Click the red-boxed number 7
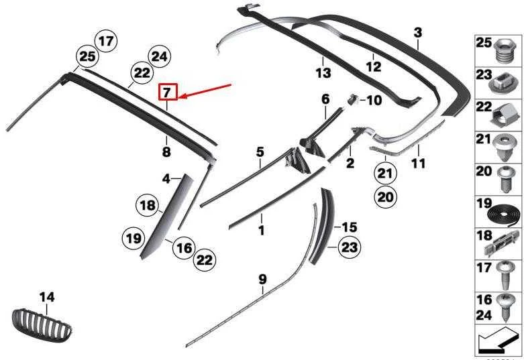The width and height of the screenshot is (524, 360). point(168,92)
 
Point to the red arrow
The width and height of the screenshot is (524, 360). point(205,91)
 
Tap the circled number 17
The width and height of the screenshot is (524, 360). point(106,42)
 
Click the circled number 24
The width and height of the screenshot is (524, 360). point(160,56)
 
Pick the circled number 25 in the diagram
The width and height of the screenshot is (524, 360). point(87,56)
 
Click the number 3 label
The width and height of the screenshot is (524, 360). point(418,33)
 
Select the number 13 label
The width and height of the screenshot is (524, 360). point(323,73)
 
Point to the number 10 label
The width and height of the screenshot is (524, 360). point(374,100)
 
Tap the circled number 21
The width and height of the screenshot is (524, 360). point(385,174)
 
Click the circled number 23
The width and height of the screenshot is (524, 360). point(350,247)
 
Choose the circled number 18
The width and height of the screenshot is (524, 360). point(148,204)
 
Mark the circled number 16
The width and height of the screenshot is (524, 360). point(184,248)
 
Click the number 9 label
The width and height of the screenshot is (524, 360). point(262,280)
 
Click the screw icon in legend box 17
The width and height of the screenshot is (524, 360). point(504,276)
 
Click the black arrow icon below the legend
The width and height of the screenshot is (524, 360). point(497,341)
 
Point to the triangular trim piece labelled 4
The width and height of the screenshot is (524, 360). point(167,217)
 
